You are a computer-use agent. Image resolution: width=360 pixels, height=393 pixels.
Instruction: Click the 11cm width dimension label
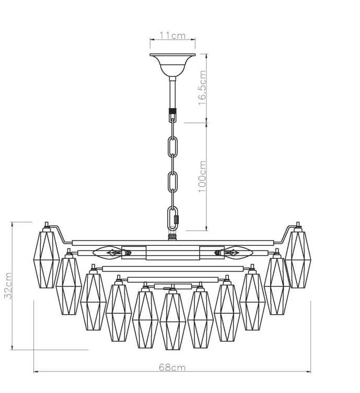tap(172, 35)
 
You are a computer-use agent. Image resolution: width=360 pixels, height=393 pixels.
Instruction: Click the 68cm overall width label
tap(172, 367)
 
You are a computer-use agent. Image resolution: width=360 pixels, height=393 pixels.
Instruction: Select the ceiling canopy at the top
tap(172, 63)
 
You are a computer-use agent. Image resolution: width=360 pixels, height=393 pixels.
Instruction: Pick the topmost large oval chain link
tap(172, 147)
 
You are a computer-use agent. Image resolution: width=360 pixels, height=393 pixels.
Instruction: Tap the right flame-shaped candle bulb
tap(238, 253)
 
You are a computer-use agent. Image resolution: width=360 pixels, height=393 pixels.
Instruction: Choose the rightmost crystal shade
tap(298, 258)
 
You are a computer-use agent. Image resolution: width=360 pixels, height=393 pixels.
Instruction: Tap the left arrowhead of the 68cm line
tap(36, 372)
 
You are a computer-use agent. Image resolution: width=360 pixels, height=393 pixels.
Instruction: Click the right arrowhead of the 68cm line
tap(309, 372)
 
